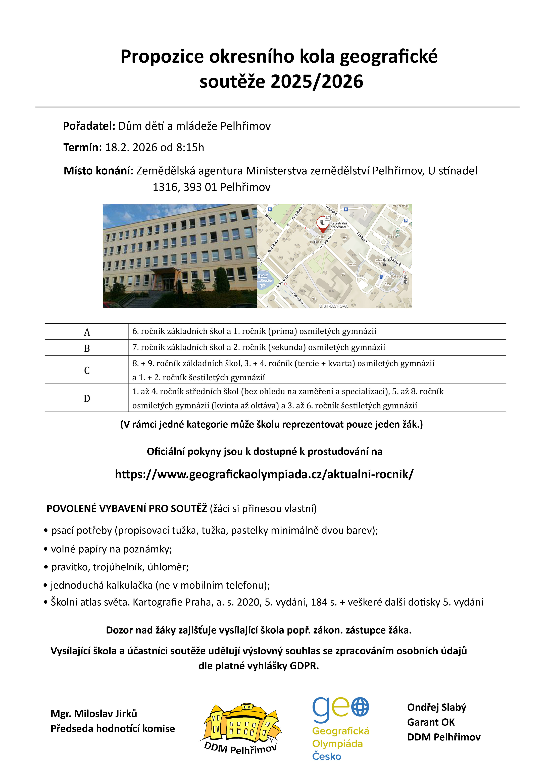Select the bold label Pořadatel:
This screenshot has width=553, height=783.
click(x=89, y=126)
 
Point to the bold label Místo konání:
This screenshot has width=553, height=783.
click(x=98, y=171)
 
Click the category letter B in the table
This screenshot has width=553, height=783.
click(x=87, y=348)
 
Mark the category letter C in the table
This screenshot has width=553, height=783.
click(x=87, y=370)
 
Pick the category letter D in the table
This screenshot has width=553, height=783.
click(x=87, y=398)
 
